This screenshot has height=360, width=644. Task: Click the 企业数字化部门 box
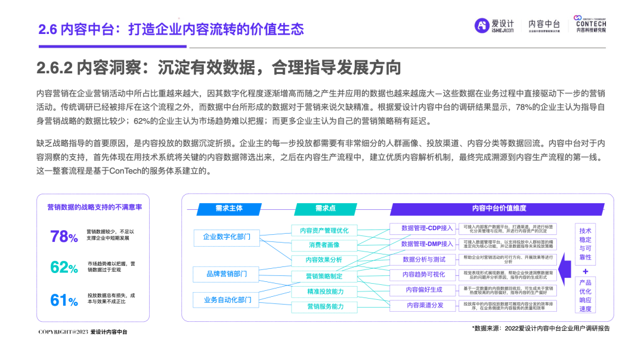pyautogui.click(x=226, y=237)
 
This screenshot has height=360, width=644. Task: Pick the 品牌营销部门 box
pyautogui.click(x=226, y=274)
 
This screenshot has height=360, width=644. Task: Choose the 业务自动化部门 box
pyautogui.click(x=226, y=300)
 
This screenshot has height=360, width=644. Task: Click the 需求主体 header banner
pyautogui.click(x=229, y=209)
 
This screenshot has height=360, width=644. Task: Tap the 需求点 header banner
pyautogui.click(x=325, y=209)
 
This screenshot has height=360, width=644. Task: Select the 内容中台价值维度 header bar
pyautogui.click(x=499, y=209)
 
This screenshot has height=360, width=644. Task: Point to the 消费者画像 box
pyautogui.click(x=324, y=245)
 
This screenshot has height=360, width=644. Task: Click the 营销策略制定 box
pyautogui.click(x=324, y=276)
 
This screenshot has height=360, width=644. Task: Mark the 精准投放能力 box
pyautogui.click(x=324, y=291)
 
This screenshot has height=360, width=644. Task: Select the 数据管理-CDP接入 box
pyautogui.click(x=425, y=228)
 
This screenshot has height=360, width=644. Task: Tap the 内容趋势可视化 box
pyautogui.click(x=425, y=274)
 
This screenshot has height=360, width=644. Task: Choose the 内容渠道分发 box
pyautogui.click(x=425, y=305)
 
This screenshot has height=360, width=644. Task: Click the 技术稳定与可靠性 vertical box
pyautogui.click(x=585, y=244)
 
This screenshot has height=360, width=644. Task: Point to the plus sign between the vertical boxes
pyautogui.click(x=585, y=271)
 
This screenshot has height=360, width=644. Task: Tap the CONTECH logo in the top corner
pyautogui.click(x=590, y=24)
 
